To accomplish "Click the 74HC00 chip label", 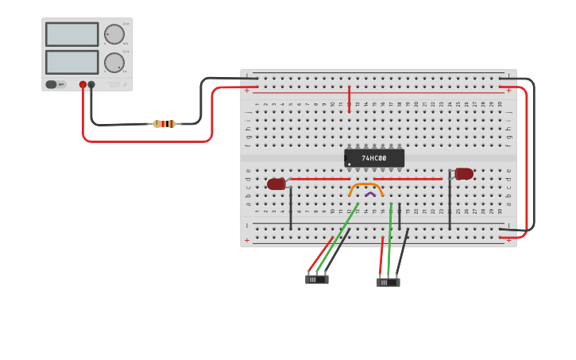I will coord(373,158).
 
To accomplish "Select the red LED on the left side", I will coord(276,184).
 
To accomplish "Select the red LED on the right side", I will coord(464,173).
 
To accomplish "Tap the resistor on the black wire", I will coord(164,123).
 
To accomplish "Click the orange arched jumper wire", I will coord(365,187).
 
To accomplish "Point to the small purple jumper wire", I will coord(370,194).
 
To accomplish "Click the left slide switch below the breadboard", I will coord(317,279).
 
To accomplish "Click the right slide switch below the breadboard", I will coord(388,281).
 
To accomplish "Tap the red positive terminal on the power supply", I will coord(83,84).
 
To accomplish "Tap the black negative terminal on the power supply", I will coord(91,84).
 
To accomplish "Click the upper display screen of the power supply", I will coord(72,34).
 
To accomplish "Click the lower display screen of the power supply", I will coord(72,62).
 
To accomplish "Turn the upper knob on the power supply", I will coord(114,34).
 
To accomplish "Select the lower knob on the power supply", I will coord(114,63).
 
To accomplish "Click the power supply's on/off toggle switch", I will coord(52,84).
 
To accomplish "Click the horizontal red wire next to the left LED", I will coord(318,179).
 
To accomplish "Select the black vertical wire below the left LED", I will coord(291,208).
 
